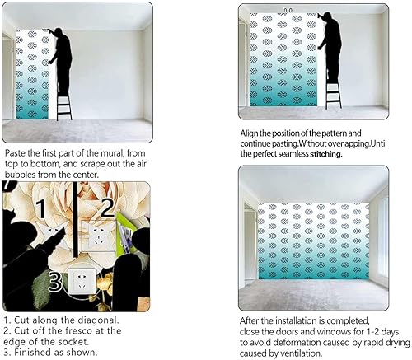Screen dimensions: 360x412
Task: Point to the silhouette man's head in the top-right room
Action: [x=331, y=19]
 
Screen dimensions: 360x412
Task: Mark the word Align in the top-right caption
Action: [x=251, y=132]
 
